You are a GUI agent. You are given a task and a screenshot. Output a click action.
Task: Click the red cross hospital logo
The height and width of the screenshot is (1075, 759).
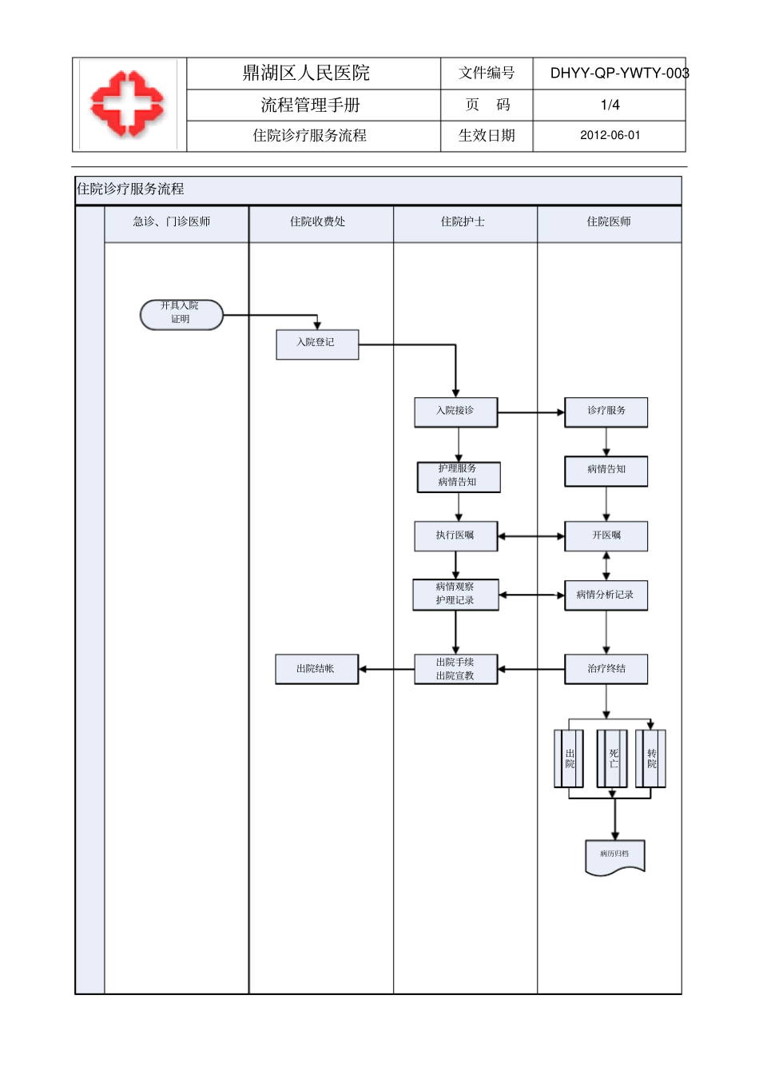pyautogui.click(x=128, y=104)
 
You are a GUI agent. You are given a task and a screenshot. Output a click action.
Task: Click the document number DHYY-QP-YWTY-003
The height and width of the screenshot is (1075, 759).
pyautogui.click(x=618, y=74)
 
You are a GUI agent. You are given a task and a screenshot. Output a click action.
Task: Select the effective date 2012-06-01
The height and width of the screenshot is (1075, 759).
pyautogui.click(x=610, y=136)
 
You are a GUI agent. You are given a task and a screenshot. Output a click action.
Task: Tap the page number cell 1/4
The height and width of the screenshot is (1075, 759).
pyautogui.click(x=610, y=105)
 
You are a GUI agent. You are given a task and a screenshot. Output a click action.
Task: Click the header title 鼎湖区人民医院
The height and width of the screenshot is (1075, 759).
pyautogui.click(x=306, y=74)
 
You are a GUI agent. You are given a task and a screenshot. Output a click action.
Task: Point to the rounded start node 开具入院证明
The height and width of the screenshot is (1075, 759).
pyautogui.click(x=181, y=314)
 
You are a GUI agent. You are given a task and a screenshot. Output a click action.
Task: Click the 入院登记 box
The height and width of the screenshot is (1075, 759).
pyautogui.click(x=317, y=344)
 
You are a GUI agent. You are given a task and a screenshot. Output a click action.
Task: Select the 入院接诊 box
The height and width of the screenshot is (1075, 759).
pyautogui.click(x=455, y=412)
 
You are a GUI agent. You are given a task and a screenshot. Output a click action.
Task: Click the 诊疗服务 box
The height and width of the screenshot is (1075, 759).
pyautogui.click(x=606, y=412)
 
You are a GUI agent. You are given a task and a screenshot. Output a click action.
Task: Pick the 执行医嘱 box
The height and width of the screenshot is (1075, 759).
pyautogui.click(x=455, y=536)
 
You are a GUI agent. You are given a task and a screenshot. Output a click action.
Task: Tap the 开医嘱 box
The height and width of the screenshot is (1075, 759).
pyautogui.click(x=606, y=536)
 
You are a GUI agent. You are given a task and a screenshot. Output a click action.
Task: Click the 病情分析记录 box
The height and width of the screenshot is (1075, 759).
pyautogui.click(x=606, y=595)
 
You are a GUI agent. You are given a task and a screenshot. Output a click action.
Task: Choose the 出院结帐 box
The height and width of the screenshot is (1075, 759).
pyautogui.click(x=316, y=669)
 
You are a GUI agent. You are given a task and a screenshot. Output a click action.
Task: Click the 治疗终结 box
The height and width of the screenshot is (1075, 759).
pyautogui.click(x=606, y=669)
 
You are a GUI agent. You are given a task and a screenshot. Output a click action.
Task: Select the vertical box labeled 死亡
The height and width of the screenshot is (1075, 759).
pyautogui.click(x=612, y=758)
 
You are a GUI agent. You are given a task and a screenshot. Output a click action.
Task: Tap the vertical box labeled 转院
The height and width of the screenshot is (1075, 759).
pyautogui.click(x=651, y=758)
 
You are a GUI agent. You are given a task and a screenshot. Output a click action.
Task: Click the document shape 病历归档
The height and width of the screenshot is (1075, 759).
pyautogui.click(x=614, y=856)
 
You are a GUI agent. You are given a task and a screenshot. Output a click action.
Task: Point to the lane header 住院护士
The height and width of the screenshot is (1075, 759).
pyautogui.click(x=463, y=222)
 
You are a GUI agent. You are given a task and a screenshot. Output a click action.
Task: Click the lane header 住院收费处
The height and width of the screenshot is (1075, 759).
pyautogui.click(x=318, y=222)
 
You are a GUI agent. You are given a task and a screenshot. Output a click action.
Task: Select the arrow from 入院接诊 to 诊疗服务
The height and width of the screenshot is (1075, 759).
pyautogui.click(x=531, y=412)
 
